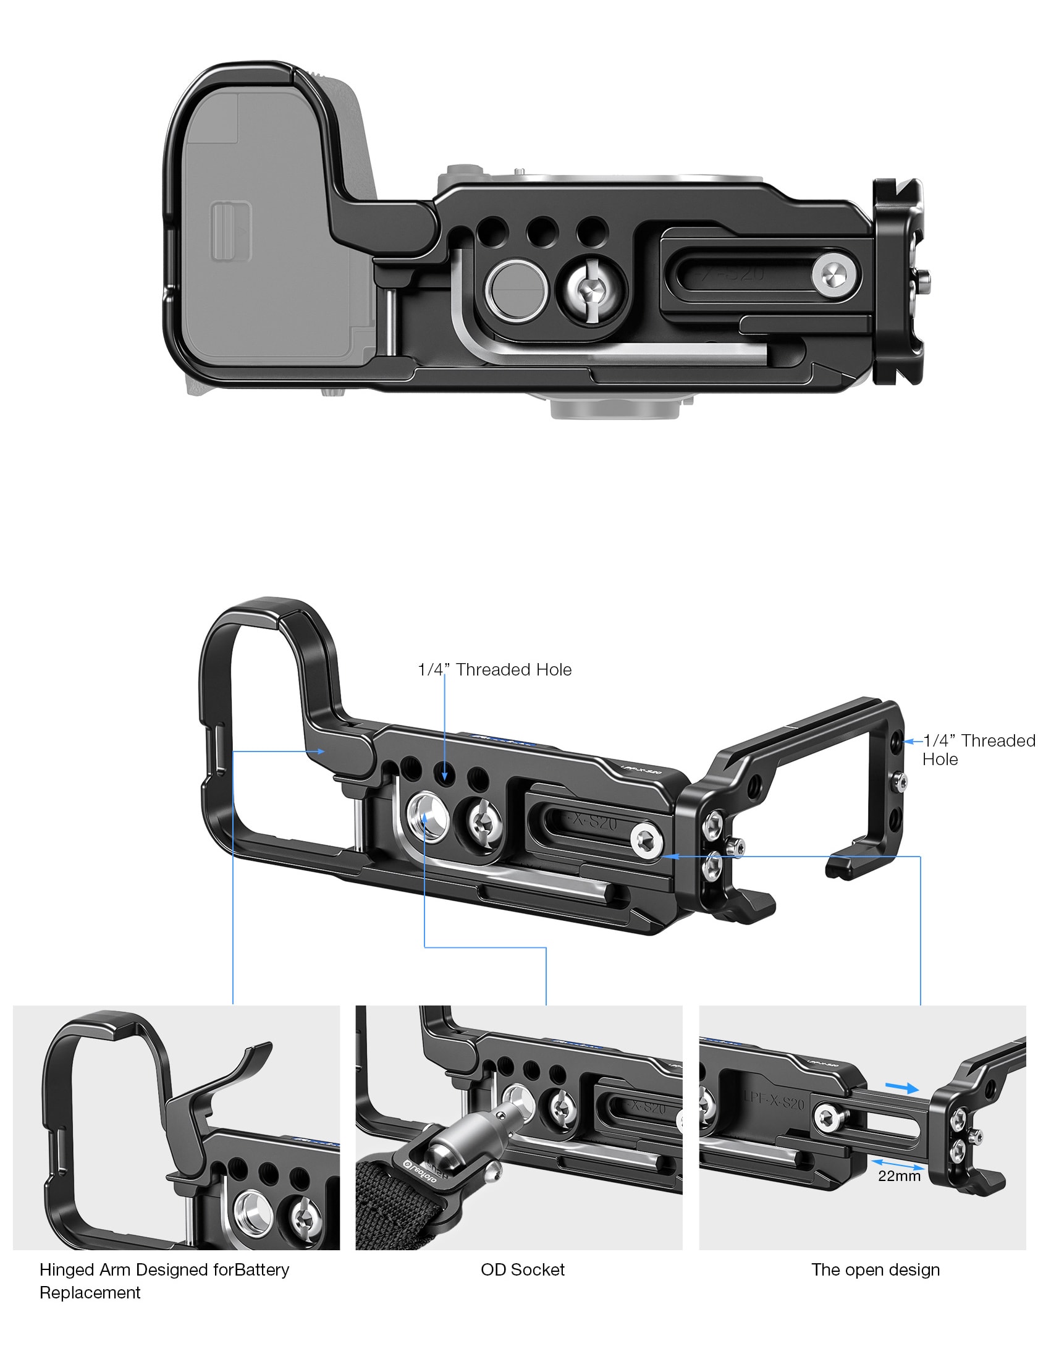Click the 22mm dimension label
899,1175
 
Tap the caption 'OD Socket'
523,1269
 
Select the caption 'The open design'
876,1269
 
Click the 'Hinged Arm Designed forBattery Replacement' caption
164,1281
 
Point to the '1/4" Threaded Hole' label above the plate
495,669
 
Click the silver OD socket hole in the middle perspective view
426,816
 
